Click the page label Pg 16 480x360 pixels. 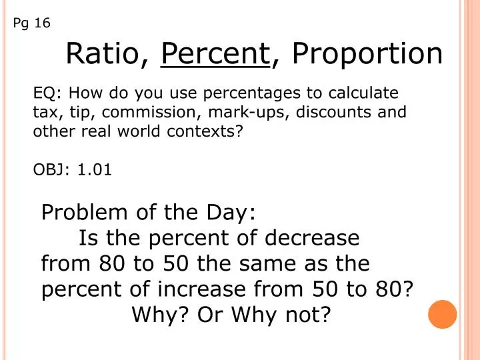point(31,23)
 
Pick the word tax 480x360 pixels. point(46,111)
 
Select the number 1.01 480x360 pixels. point(95,170)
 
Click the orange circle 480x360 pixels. point(442,313)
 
